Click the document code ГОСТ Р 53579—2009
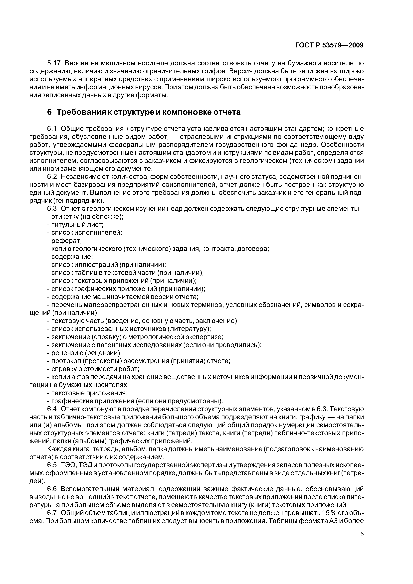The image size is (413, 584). [x=329, y=45]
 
